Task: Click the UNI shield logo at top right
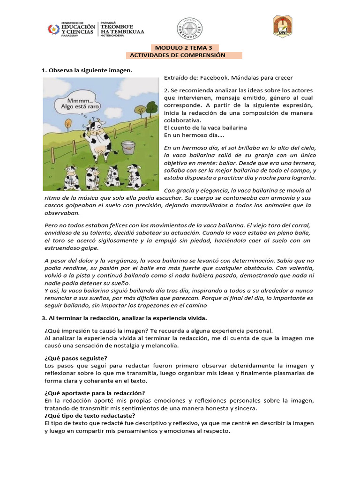pyautogui.click(x=283, y=26)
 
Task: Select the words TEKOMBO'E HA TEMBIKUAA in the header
pyautogui.click(x=122, y=29)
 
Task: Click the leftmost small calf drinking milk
pyautogui.click(x=71, y=176)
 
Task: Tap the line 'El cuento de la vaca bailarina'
pyautogui.click(x=205, y=127)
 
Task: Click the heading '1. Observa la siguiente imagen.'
pyautogui.click(x=87, y=70)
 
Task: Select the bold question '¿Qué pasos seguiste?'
pyautogui.click(x=76, y=358)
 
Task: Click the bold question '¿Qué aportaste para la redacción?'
pyautogui.click(x=95, y=393)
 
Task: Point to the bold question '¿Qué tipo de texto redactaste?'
pyautogui.click(x=90, y=416)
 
